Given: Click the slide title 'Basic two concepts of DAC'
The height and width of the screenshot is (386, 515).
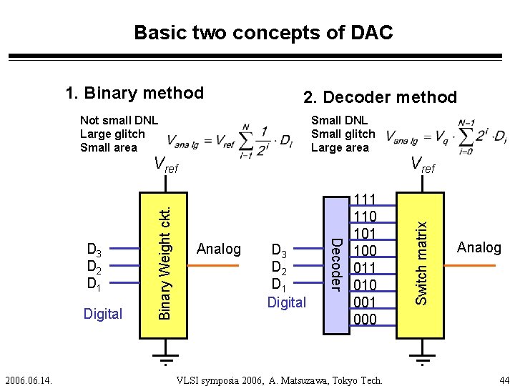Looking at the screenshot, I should point(263,33).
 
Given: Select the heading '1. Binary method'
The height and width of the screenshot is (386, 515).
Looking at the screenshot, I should point(134,93).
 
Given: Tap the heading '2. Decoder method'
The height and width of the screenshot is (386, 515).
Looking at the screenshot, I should point(380,96).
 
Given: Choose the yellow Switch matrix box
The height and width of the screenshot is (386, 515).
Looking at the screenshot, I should point(423,261).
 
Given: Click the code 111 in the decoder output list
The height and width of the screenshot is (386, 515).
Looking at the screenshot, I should point(365,199).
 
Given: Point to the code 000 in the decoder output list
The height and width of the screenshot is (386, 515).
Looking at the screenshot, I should point(365,320).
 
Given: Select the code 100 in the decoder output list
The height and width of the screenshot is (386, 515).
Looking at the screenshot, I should point(365,251).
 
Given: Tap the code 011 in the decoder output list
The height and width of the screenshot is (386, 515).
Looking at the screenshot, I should point(365,268).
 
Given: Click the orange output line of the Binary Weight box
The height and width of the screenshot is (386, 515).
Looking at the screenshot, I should point(214,266).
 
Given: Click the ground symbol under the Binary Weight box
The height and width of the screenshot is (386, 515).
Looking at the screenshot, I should point(165,357).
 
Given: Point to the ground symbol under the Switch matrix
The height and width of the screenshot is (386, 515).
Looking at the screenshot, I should point(423,357).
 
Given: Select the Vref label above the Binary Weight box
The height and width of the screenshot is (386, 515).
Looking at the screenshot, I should point(166,166).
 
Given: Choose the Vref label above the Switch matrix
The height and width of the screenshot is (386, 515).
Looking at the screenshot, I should point(422,166).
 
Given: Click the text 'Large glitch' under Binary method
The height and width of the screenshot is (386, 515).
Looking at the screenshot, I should point(112,134).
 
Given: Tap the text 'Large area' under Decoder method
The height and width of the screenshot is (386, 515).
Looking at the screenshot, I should point(340,147).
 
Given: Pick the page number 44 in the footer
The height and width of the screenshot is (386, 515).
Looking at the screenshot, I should point(504,379).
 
